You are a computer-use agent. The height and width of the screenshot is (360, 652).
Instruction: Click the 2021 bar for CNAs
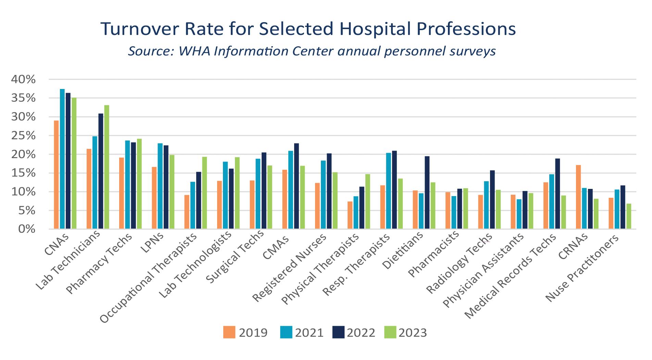[x=62, y=159]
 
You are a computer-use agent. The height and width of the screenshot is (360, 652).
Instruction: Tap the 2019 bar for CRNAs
[x=578, y=197]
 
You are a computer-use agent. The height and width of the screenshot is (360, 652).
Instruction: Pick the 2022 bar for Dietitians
[x=427, y=193]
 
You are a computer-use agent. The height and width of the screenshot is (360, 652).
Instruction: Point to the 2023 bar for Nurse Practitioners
[x=629, y=216]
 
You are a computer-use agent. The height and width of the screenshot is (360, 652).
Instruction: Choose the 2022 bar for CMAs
[x=296, y=186]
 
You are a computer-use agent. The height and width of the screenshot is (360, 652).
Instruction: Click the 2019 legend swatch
[x=229, y=333]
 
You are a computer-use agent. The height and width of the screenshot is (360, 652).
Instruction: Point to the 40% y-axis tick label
[x=23, y=80]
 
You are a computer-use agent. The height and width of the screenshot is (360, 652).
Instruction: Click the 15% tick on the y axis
[x=23, y=173]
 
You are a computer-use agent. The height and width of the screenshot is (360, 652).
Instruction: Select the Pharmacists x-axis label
[x=434, y=254]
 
